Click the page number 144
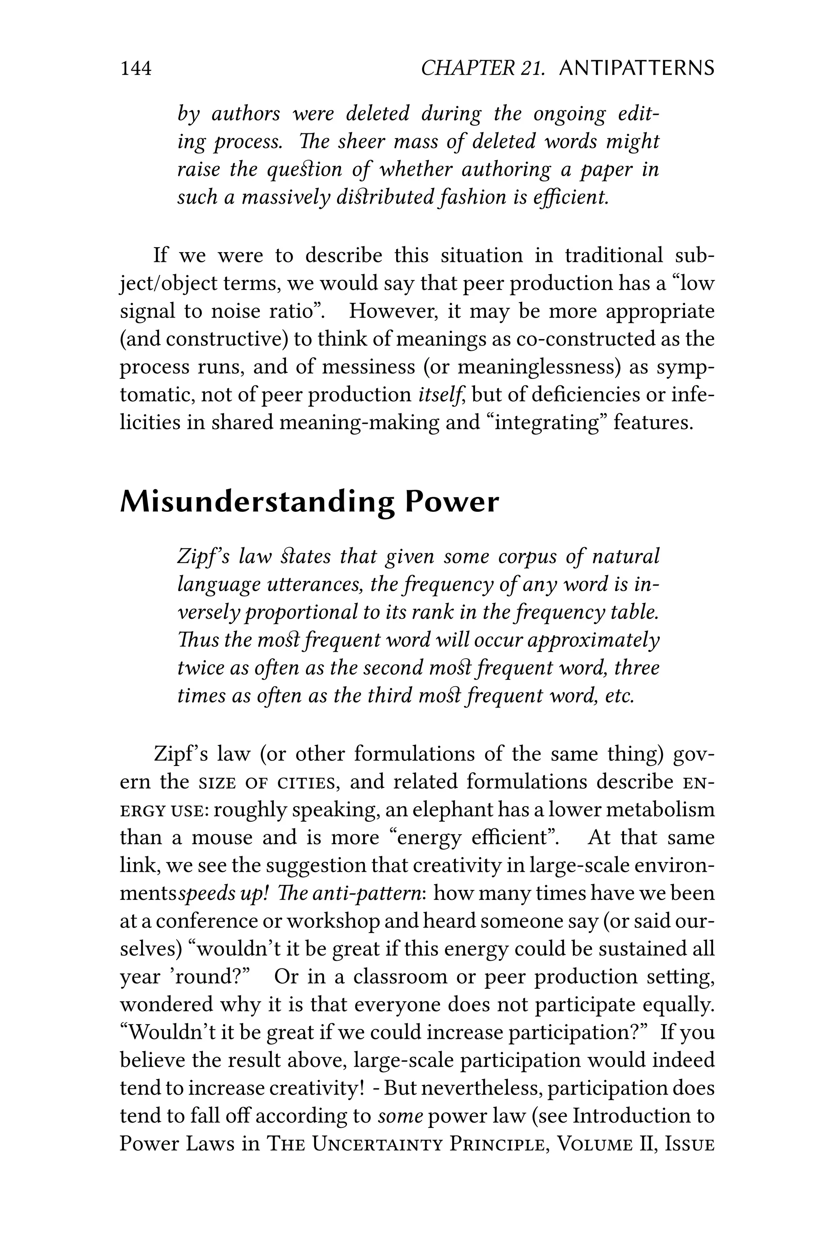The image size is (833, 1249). pyautogui.click(x=136, y=68)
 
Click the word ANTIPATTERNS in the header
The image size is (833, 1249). pyautogui.click(x=637, y=68)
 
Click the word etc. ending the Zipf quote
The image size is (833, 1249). pyautogui.click(x=619, y=695)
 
